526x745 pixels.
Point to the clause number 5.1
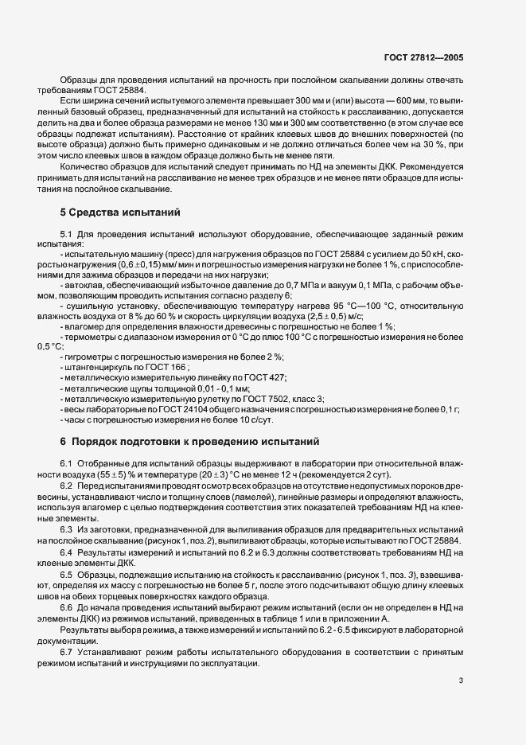point(67,233)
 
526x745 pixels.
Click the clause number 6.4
point(67,552)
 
